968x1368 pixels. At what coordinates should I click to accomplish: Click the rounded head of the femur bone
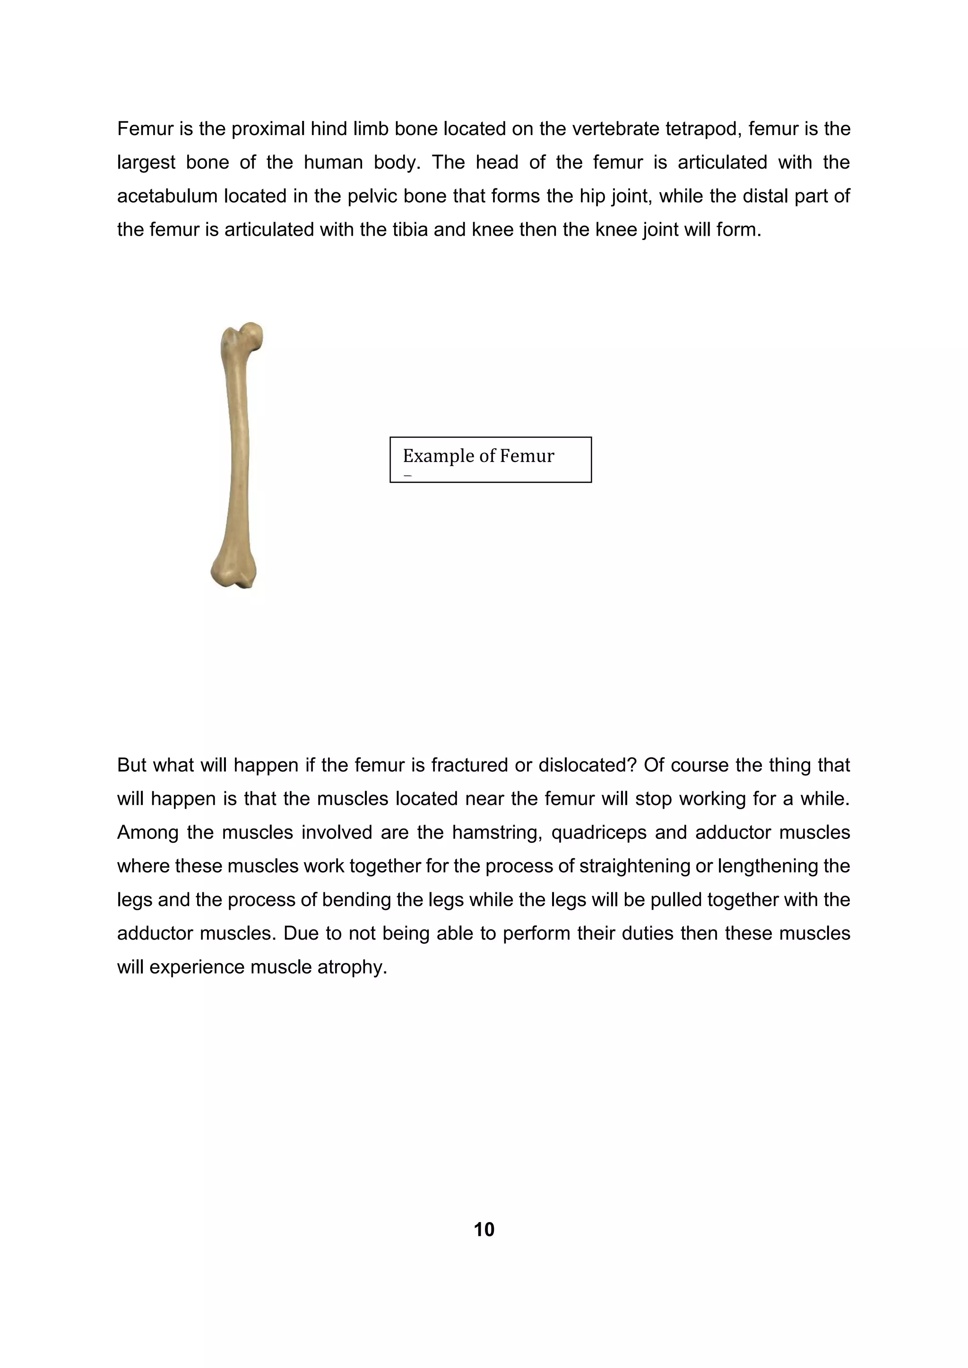[x=253, y=335]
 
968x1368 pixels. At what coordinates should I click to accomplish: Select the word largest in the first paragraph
[x=146, y=162]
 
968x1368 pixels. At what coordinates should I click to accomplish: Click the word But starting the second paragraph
[x=131, y=765]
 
